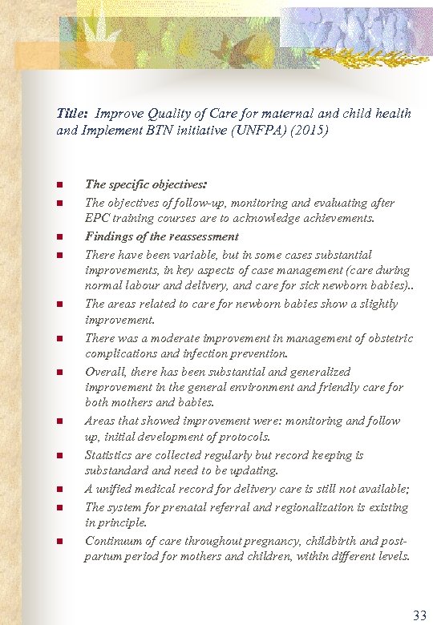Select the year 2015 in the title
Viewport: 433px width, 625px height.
point(310,128)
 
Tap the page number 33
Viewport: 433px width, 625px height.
point(419,615)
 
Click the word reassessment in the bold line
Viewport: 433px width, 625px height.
point(204,236)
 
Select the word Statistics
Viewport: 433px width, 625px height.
point(111,455)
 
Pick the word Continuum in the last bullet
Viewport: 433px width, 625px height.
point(114,541)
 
